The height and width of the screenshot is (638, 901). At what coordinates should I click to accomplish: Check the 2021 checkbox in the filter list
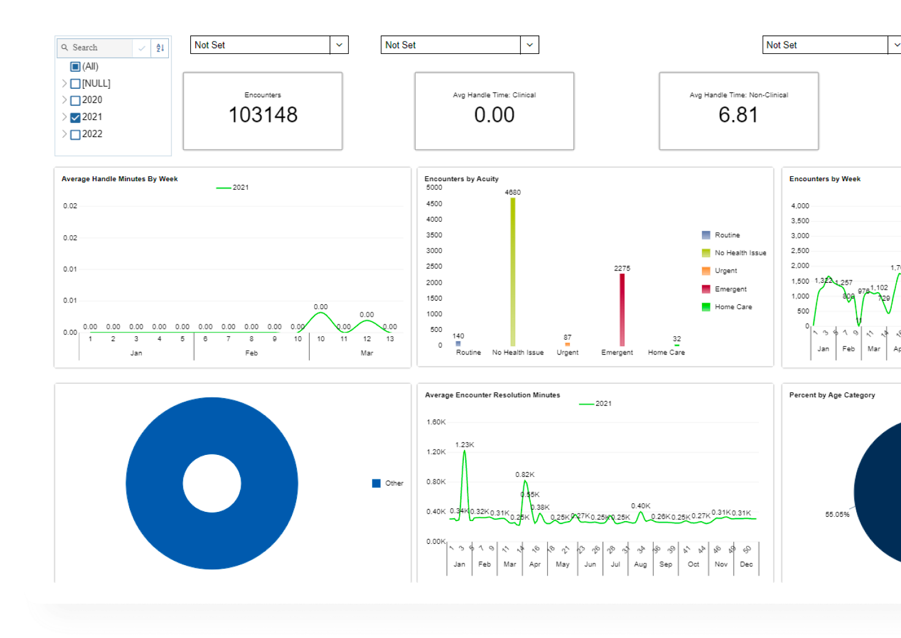click(x=75, y=118)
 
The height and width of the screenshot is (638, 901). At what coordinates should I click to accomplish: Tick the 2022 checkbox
click(x=75, y=135)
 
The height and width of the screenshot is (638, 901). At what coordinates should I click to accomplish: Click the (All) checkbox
click(x=75, y=67)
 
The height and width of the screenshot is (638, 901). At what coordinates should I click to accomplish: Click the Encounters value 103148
click(x=263, y=115)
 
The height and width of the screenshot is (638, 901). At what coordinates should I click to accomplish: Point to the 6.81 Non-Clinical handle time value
click(x=738, y=115)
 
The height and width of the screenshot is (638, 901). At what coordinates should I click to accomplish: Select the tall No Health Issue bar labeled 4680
click(x=513, y=272)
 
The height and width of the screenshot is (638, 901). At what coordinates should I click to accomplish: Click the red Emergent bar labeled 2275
click(x=622, y=309)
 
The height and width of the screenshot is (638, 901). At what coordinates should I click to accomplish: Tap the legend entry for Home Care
click(x=733, y=307)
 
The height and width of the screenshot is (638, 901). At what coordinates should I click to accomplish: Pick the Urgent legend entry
click(x=725, y=271)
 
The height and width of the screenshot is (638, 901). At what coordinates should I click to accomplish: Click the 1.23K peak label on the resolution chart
click(x=465, y=445)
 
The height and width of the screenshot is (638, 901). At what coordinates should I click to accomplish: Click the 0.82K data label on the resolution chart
click(x=525, y=475)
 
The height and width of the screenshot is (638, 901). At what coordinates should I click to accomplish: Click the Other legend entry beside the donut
click(x=394, y=484)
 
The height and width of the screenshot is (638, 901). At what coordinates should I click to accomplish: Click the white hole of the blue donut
click(x=212, y=484)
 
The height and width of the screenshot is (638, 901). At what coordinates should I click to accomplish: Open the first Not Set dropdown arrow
click(x=339, y=45)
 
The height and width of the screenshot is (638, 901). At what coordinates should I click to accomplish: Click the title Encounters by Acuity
click(x=462, y=179)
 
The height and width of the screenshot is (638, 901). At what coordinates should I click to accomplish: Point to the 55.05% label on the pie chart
click(x=837, y=515)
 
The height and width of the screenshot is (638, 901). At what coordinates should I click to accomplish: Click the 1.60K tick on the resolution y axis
click(x=436, y=422)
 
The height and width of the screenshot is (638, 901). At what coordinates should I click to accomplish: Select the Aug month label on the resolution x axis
click(x=640, y=565)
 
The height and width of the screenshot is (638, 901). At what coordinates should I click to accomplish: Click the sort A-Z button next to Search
click(x=160, y=48)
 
